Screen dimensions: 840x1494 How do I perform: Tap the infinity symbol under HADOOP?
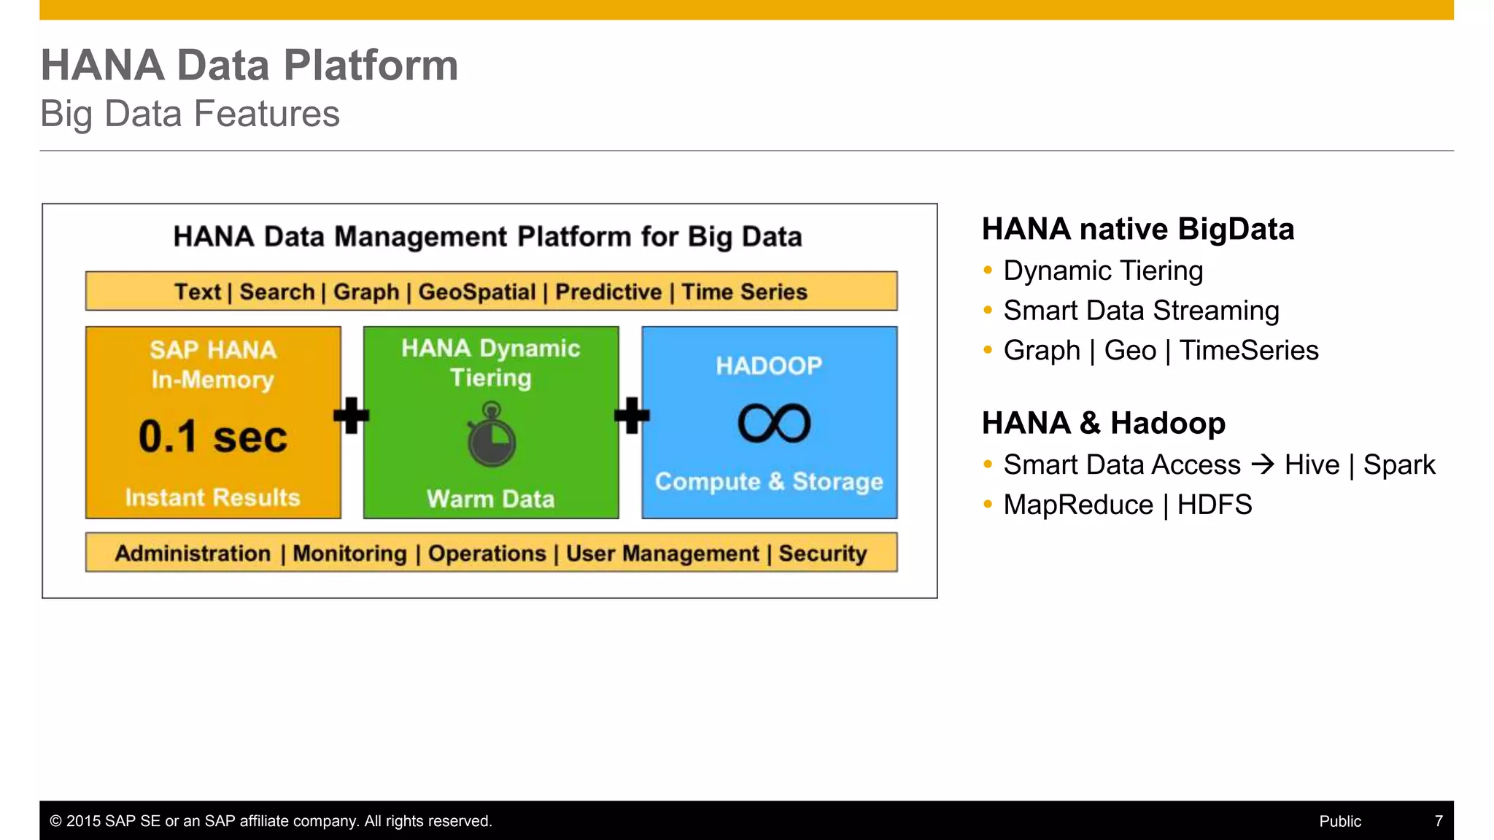coord(774,424)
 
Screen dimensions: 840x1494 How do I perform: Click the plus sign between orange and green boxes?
coord(351,416)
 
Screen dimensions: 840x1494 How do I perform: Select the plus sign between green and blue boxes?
coord(632,416)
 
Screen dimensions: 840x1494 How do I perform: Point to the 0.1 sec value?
coord(213,437)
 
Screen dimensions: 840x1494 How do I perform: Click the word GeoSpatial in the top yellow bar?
coord(476,292)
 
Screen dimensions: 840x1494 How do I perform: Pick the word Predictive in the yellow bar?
coord(608,292)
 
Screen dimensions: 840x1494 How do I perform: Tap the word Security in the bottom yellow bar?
coord(822,553)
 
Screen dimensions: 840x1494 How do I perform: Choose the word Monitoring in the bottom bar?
coord(349,553)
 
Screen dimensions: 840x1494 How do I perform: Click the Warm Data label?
coord(490,499)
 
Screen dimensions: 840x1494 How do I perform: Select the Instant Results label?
coord(212,497)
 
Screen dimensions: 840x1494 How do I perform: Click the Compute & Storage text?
coord(769,481)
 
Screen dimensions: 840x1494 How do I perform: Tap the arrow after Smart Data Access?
coord(1262,464)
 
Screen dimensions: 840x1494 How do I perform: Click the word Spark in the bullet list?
coord(1398,464)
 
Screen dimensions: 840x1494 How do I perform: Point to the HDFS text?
coord(1214,505)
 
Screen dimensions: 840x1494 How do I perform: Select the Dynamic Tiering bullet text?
coord(1102,271)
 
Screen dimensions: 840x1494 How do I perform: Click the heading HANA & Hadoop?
coord(1103,423)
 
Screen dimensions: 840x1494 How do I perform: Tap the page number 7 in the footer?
coord(1438,821)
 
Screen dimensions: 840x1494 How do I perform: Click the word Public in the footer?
coord(1339,821)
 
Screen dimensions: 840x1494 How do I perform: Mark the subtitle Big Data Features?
coord(190,114)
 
